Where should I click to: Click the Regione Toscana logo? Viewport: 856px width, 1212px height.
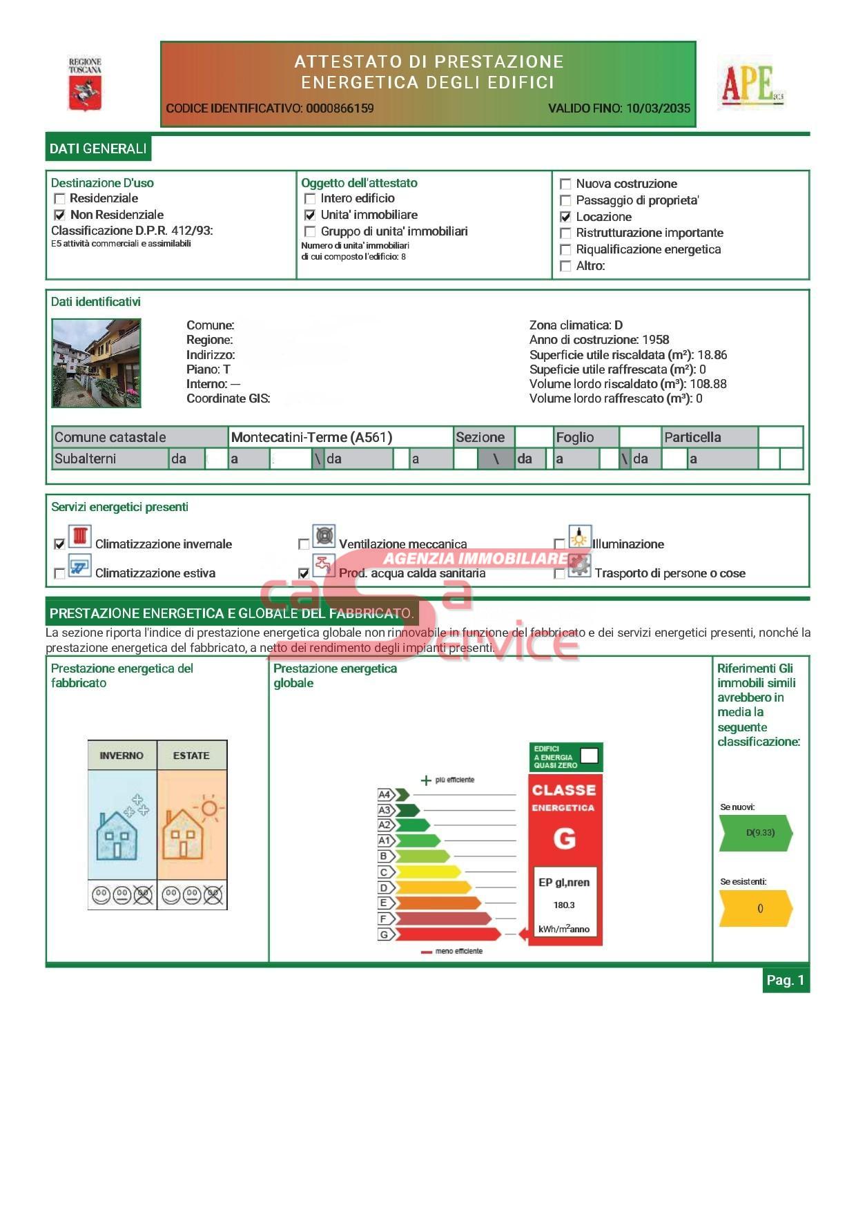85,85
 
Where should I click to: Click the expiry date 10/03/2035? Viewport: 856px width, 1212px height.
658,108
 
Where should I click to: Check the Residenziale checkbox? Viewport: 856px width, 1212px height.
60,199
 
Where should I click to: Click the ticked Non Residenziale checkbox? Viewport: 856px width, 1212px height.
60,215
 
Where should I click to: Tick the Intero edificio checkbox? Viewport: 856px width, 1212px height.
310,199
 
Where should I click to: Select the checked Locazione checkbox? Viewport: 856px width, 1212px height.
565,217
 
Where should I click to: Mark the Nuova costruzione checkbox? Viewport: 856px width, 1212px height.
565,184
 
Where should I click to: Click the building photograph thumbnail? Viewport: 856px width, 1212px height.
97,363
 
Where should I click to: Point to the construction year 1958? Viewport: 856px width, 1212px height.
655,340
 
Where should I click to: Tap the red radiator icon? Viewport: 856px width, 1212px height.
80,537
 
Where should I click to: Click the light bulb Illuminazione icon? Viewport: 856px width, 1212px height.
580,537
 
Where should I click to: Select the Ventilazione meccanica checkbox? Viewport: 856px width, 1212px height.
304,544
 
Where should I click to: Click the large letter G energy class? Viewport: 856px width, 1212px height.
564,838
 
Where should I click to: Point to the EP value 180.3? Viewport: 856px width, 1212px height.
564,905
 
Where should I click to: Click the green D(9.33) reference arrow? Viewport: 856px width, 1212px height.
757,833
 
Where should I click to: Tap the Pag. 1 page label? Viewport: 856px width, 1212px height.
786,980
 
